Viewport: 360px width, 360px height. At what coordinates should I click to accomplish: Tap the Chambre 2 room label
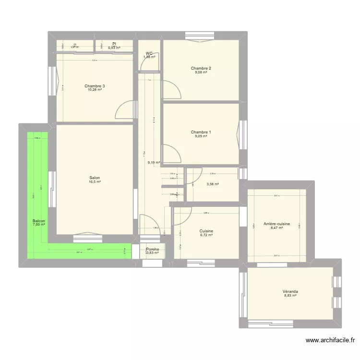[201, 68]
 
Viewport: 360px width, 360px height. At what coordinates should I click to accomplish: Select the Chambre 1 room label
[201, 132]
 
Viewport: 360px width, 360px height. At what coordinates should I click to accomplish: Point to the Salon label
[95, 178]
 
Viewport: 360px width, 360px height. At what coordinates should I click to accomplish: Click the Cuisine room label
[206, 231]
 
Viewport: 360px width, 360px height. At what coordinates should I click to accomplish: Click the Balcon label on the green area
[38, 221]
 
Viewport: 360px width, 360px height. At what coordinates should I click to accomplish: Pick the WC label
[149, 53]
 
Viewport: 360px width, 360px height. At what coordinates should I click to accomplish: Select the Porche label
[153, 249]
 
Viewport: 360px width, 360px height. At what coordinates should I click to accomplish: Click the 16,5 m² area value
[95, 182]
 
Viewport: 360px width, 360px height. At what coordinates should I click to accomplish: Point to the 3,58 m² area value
[213, 184]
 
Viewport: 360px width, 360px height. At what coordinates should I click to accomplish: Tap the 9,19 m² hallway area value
[154, 163]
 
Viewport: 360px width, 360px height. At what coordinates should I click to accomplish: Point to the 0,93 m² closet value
[114, 48]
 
